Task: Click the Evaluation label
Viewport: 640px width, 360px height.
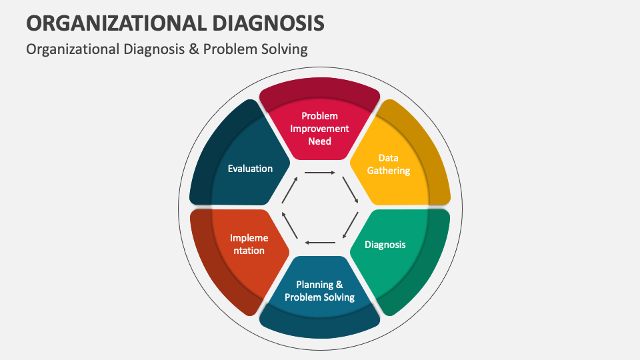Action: point(250,169)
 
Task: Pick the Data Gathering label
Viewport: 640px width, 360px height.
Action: point(388,164)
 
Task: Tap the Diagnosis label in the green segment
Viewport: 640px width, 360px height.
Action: point(385,245)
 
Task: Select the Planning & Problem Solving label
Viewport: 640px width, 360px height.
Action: point(319,291)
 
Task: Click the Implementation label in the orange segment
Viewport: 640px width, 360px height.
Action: point(249,244)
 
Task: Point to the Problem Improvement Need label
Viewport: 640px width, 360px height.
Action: point(319,129)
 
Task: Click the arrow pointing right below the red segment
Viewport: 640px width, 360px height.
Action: point(320,173)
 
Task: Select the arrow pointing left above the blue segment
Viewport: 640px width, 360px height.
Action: point(320,242)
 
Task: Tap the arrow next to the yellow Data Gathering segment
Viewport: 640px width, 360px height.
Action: point(350,189)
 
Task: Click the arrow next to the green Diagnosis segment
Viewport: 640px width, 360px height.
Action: point(350,225)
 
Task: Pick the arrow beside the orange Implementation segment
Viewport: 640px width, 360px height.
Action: point(289,225)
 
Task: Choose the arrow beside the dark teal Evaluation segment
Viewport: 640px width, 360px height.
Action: point(289,189)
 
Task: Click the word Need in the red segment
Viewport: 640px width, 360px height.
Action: point(319,141)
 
